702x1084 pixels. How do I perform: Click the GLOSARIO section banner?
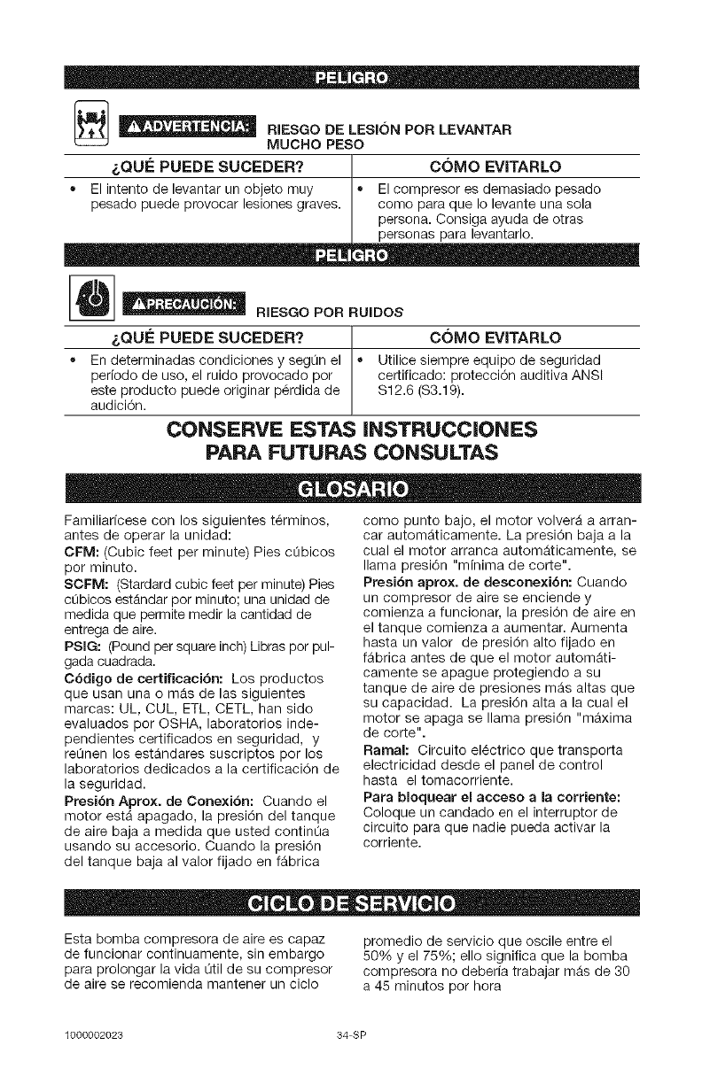pyautogui.click(x=351, y=490)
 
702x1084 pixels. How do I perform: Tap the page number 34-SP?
pyautogui.click(x=351, y=1034)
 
